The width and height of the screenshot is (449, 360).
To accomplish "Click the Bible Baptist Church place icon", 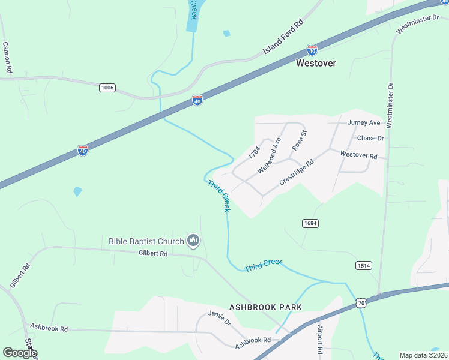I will tap(193, 241).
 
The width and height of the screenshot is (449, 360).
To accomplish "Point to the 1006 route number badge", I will tap(107, 88).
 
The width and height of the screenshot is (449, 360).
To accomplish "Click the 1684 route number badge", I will tap(310, 223).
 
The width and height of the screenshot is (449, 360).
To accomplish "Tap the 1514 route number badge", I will tap(364, 265).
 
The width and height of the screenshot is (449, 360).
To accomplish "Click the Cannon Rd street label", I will tap(7, 58).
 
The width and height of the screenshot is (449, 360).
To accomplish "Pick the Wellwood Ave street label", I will tap(270, 155).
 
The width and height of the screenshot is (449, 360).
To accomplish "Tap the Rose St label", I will tap(299, 140).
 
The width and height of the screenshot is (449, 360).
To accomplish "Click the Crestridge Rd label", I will tap(297, 172).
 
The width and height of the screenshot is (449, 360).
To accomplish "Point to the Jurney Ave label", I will tap(364, 122).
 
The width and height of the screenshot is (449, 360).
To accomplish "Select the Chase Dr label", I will tap(370, 138).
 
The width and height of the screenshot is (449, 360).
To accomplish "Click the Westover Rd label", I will tap(358, 155).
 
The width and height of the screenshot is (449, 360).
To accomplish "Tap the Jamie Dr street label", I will tap(220, 318).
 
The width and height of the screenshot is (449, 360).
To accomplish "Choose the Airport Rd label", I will tap(319, 340).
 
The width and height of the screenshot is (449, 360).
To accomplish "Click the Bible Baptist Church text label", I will tap(146, 241).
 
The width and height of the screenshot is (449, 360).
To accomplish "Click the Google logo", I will tap(20, 353).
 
